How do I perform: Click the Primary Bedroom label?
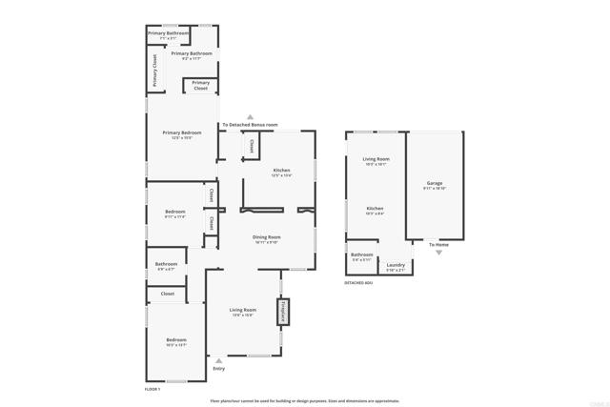tap(182, 132)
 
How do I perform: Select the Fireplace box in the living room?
tap(282, 312)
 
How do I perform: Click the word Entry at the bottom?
tap(218, 368)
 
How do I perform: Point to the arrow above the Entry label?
tap(218, 360)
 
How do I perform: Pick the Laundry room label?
tap(396, 265)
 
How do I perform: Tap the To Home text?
tap(437, 245)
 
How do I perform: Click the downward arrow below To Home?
tap(438, 253)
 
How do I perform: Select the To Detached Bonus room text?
tap(250, 125)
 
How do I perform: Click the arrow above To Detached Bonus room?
tap(250, 116)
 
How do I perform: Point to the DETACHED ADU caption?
tap(358, 283)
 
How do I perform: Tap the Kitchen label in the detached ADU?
tap(375, 208)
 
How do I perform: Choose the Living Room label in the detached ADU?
tap(376, 159)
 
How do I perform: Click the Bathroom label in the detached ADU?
tap(361, 254)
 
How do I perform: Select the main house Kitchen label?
tap(281, 170)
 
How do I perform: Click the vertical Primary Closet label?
tap(154, 71)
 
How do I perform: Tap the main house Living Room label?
tap(243, 310)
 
